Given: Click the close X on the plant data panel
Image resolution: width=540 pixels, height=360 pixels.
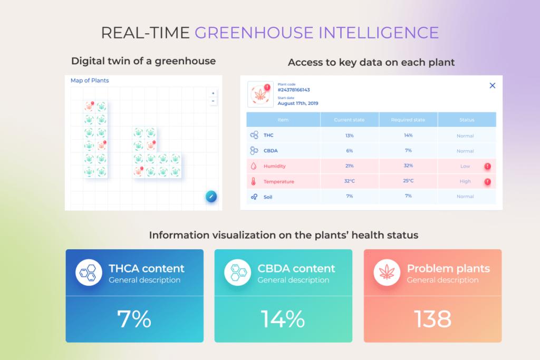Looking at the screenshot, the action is point(493,86).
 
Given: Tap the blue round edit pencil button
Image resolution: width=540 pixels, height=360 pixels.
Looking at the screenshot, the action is point(211,197).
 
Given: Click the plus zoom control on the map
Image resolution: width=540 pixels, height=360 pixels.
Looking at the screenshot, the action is point(213,93).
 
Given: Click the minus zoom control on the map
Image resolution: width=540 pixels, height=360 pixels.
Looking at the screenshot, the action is point(213,101).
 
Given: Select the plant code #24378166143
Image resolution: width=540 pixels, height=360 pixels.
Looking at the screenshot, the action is point(294,90).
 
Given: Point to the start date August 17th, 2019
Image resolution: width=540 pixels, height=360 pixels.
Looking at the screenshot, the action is point(298,103).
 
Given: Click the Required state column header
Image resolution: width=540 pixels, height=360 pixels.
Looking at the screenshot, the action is point(408,120).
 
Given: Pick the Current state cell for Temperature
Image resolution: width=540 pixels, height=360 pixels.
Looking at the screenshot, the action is point(350,181).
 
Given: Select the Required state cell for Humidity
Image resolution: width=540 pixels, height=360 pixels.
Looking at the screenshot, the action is point(408,166).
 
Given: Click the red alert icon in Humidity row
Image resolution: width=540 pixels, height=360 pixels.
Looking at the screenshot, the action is point(488,166).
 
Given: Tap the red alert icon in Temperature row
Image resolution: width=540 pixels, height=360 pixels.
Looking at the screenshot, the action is point(488,182).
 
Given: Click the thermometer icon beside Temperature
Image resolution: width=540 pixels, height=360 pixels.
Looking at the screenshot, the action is point(254,181).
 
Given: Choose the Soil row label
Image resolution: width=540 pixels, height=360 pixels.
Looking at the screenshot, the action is point(268,197).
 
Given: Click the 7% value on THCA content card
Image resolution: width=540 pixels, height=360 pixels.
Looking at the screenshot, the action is point(134,319).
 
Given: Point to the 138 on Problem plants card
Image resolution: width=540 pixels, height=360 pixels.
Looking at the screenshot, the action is point(432,319).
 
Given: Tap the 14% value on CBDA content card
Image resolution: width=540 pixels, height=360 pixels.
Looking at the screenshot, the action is point(283,319).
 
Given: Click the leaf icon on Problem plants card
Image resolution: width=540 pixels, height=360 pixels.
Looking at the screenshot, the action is point(387,272).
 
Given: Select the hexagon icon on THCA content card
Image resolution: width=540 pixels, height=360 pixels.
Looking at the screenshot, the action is point(89,272).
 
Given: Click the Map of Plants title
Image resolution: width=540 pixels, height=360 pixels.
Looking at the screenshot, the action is point(90,81).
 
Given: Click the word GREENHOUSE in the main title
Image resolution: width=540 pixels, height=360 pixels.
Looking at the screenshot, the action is point(254,33).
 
